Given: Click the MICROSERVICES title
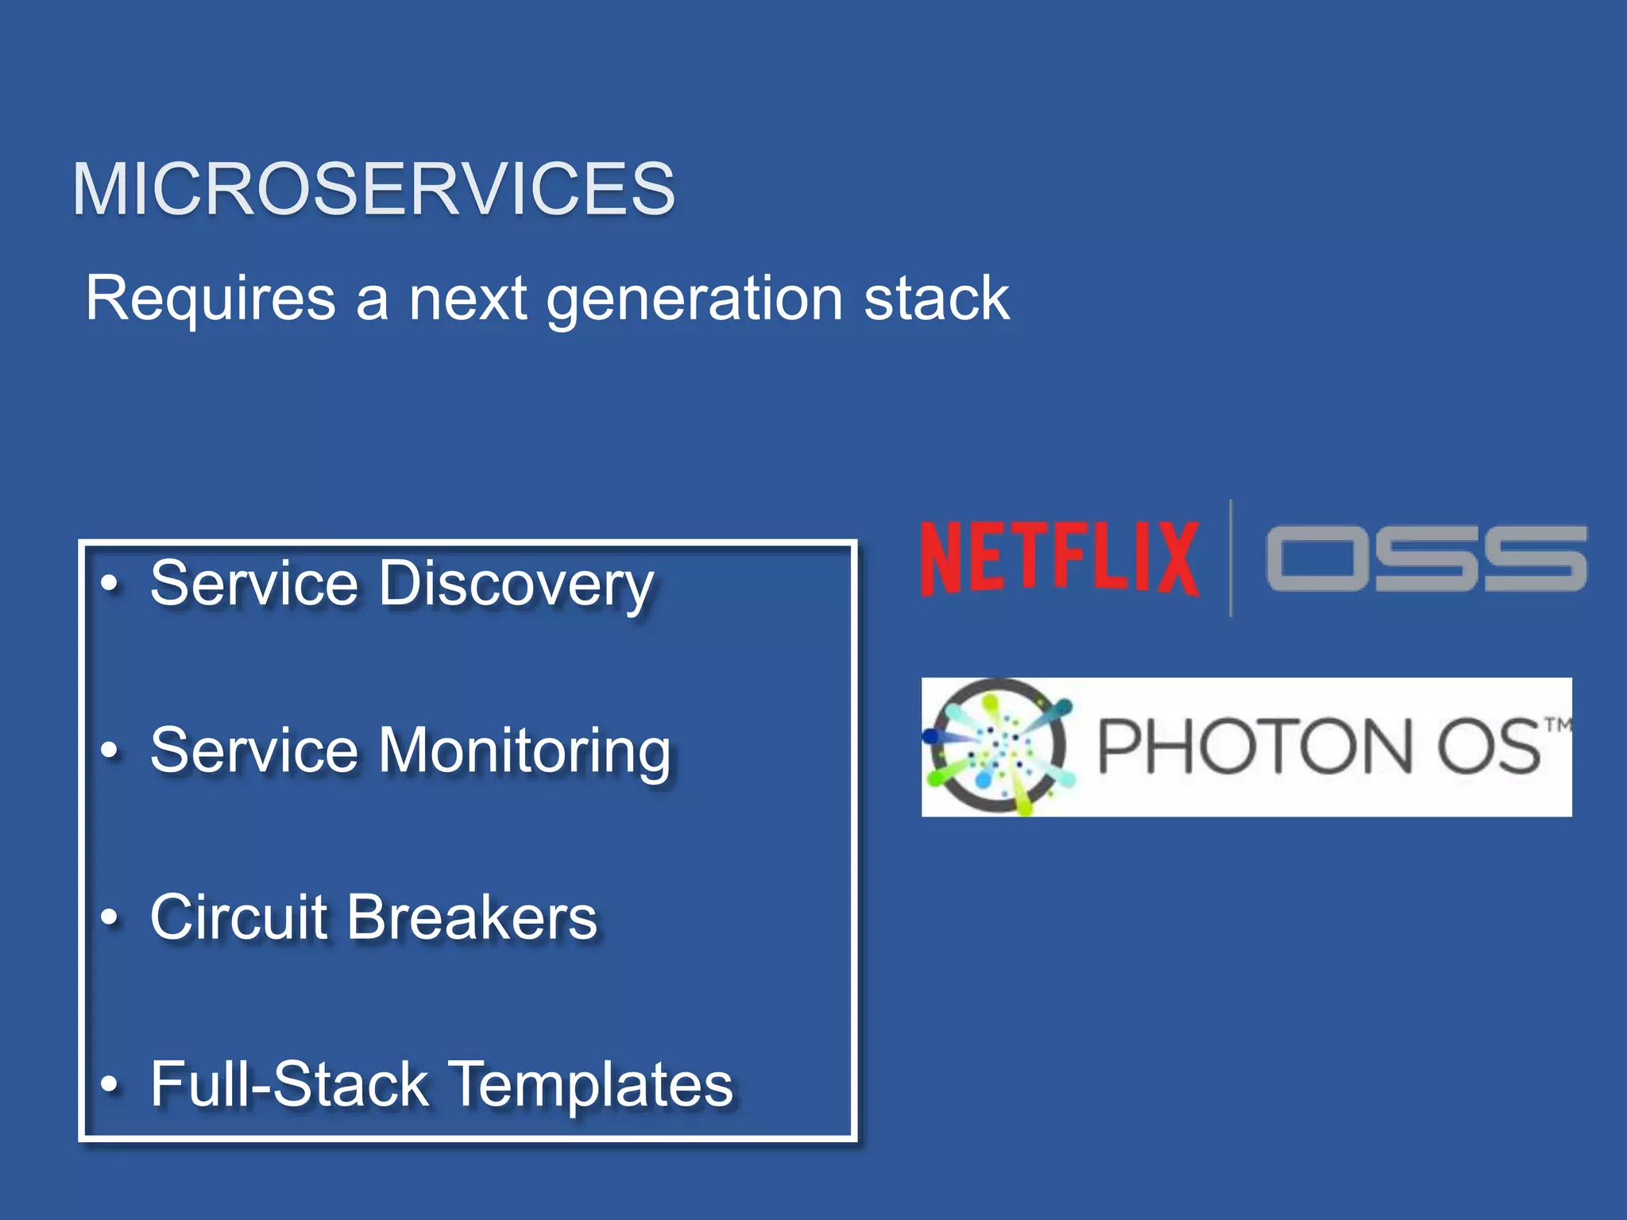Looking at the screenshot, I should coord(373,189).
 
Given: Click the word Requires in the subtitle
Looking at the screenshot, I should coord(211,299).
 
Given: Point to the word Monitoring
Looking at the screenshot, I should coord(524,752).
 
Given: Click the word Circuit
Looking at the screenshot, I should coord(238,917).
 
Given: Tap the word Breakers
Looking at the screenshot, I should coord(472,917).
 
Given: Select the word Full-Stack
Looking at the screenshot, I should coord(289,1085).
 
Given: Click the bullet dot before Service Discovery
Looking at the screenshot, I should coord(110,584).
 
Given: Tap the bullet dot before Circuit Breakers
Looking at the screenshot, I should coord(110,918).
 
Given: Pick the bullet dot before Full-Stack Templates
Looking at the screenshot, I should coord(110,1085).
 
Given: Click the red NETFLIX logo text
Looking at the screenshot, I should coord(1059,558).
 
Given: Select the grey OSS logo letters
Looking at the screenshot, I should coord(1426,558).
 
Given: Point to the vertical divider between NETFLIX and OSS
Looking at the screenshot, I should coord(1231,558).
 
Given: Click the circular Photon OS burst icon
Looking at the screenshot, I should coord(999,747).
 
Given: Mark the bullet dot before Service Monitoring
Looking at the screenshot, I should coord(110,751).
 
